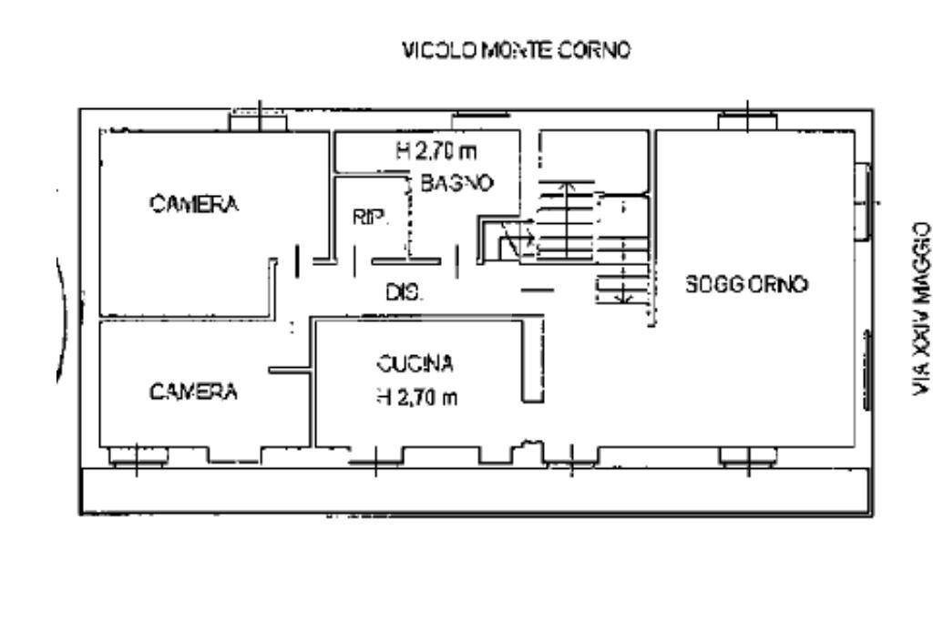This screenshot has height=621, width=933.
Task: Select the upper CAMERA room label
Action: pyautogui.click(x=195, y=204)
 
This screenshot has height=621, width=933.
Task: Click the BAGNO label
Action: pyautogui.click(x=457, y=182)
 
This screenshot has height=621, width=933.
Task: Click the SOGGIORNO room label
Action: pyautogui.click(x=746, y=284)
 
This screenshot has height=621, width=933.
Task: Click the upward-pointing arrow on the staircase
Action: pyautogui.click(x=565, y=219)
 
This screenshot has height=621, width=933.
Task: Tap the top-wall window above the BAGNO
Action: pyautogui.click(x=480, y=116)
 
